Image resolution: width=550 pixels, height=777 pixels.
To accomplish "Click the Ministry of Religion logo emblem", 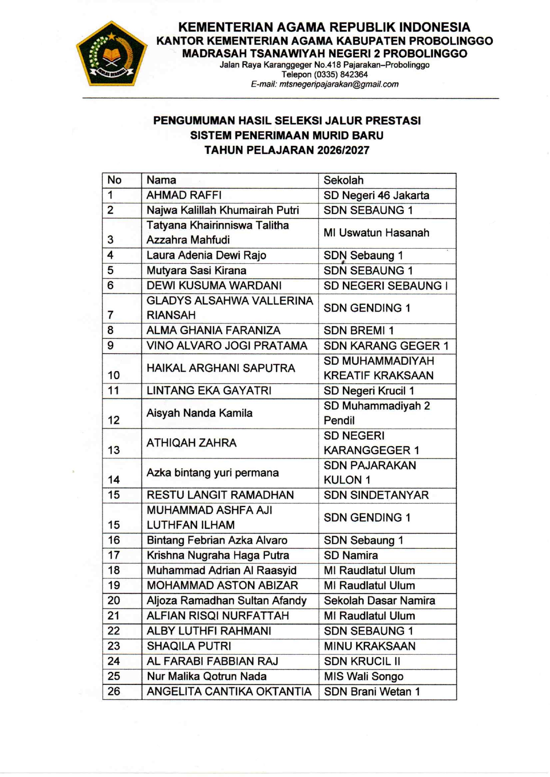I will tap(112, 54).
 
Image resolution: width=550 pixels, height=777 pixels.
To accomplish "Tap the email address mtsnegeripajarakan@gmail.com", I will tap(324, 84).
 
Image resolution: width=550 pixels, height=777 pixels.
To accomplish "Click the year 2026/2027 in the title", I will tap(343, 150).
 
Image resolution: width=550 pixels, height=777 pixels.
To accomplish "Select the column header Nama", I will tap(161, 180).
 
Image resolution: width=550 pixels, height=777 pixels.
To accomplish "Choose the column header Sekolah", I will tap(343, 180).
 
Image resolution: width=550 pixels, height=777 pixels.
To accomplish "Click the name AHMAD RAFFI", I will tap(184, 195).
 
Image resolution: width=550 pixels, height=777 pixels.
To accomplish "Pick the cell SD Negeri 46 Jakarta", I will tap(376, 195).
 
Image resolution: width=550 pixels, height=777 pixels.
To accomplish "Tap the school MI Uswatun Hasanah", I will tap(376, 233).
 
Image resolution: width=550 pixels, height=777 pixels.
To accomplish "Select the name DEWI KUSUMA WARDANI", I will tap(214, 285).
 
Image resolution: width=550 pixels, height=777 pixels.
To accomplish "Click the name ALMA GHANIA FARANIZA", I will tap(213, 330).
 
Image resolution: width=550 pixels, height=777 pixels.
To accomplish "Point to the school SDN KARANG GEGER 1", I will tap(386, 346).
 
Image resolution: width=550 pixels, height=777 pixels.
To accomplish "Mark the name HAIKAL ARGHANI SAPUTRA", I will tap(220, 368).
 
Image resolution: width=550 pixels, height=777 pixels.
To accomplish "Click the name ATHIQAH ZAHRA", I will tap(191, 443).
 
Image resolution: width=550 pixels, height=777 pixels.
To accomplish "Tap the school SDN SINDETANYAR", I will tap(376, 495).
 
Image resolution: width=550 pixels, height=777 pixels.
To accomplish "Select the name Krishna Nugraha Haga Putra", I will tap(218, 555).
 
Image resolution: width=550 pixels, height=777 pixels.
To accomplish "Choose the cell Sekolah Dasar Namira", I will tap(379, 601).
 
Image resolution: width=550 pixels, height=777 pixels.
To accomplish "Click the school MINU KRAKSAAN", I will tap(369, 646).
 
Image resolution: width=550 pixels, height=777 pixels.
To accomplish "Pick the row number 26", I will tap(114, 691).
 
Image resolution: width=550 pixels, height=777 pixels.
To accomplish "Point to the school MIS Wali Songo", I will tap(363, 676).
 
